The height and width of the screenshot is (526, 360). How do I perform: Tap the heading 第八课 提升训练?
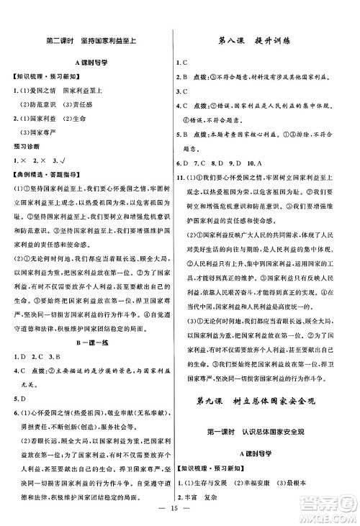[269, 41]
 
